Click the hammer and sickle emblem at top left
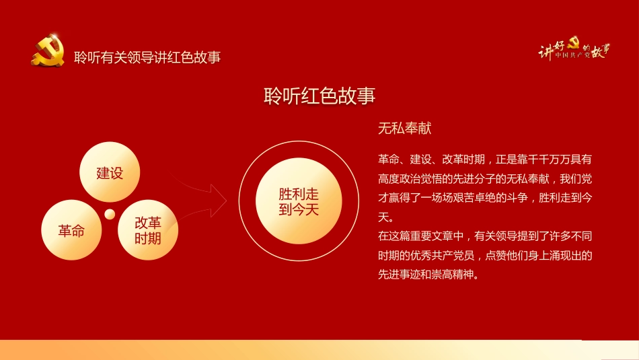47,52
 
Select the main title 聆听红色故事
319,96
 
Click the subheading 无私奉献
405,129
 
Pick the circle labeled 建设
110,172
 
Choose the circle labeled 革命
71,231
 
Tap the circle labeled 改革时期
148,231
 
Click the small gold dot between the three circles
109,215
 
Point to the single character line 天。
385,217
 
